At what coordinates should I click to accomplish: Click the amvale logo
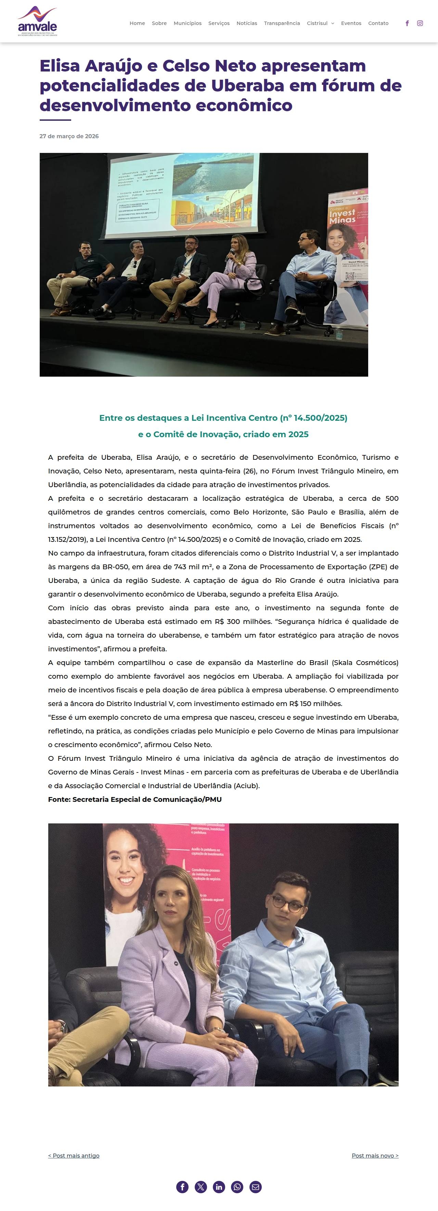[x=37, y=22]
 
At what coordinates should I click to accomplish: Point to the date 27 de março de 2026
[x=69, y=136]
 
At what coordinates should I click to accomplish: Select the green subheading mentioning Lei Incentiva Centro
[x=223, y=418]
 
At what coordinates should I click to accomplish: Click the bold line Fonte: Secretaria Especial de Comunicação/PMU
[x=134, y=799]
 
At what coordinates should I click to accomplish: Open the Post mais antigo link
[x=74, y=1156]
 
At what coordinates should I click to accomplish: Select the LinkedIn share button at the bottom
[x=219, y=1187]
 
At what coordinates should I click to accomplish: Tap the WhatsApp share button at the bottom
[x=237, y=1187]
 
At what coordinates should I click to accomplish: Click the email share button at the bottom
[x=256, y=1187]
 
